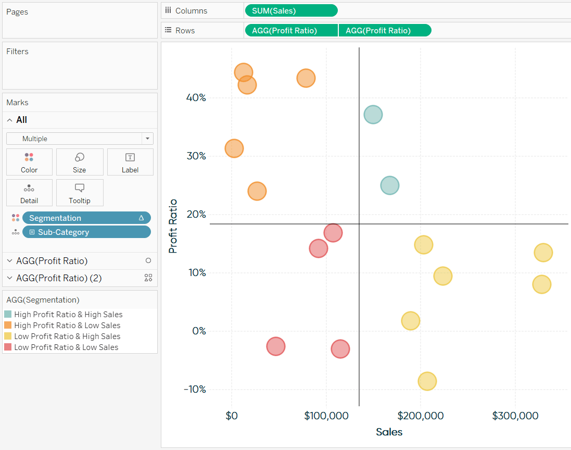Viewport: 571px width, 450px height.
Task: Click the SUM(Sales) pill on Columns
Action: [290, 10]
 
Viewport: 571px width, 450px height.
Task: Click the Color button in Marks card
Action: [29, 162]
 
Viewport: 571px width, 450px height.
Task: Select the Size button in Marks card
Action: [80, 162]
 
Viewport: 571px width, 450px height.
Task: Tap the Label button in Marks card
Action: [130, 162]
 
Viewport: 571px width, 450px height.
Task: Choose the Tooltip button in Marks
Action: [80, 193]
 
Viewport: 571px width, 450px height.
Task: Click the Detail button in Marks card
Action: [29, 193]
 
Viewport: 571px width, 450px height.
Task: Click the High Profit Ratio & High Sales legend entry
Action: [68, 314]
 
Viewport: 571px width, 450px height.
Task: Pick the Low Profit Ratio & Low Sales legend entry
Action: [66, 347]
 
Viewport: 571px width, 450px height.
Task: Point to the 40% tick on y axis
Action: [196, 97]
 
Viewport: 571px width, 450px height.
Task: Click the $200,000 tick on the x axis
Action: [421, 416]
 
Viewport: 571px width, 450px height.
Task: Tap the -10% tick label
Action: [195, 389]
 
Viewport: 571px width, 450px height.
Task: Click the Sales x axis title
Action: [389, 432]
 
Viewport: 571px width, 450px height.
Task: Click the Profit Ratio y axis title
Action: [173, 226]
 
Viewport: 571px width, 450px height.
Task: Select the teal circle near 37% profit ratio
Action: [373, 114]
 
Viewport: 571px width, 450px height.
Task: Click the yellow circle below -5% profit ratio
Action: [427, 381]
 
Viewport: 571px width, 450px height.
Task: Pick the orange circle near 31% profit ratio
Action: [234, 148]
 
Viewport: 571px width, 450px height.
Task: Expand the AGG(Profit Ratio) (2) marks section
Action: [10, 278]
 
